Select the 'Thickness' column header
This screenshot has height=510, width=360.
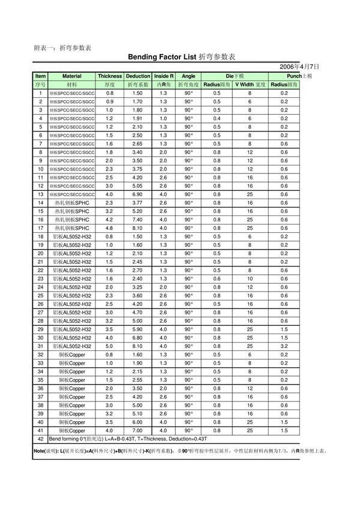pos(110,77)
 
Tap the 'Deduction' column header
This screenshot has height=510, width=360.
pos(138,77)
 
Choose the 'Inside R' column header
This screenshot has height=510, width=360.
pos(164,77)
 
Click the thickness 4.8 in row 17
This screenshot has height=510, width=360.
pos(110,228)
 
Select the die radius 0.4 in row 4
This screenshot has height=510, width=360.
pos(217,119)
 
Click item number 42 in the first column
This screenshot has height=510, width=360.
pos(40,439)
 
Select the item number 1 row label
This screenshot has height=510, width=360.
pos(40,94)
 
